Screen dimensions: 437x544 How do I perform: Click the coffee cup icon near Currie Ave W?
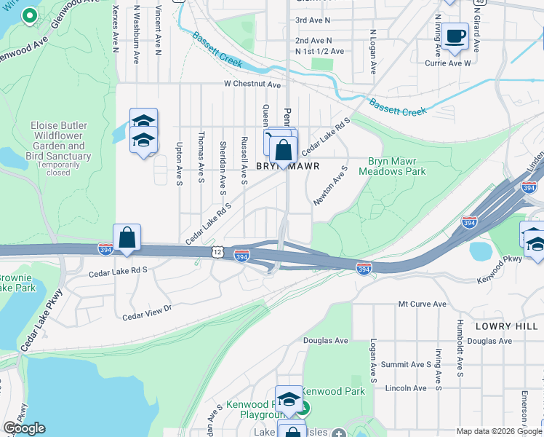[x=455, y=36]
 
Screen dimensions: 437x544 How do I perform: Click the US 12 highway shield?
[x=217, y=251]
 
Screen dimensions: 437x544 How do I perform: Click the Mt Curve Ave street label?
[x=421, y=304]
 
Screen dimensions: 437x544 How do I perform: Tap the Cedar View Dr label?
[x=145, y=312]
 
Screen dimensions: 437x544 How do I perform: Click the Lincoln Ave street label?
[x=406, y=388]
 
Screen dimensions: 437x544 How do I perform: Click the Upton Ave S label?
[x=179, y=158]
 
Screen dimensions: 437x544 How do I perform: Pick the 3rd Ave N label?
[x=313, y=20]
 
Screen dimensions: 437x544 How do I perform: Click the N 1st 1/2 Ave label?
[x=319, y=52]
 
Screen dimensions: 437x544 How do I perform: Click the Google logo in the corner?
[x=24, y=428]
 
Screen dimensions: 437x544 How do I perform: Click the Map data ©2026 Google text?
[x=498, y=432]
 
